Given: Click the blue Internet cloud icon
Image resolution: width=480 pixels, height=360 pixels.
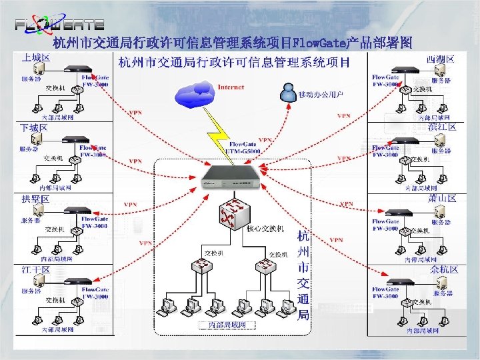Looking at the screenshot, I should (194, 95).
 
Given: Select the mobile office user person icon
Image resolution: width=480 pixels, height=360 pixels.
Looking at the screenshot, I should (288, 92).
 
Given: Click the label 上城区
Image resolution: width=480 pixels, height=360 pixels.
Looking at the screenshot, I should (36, 59).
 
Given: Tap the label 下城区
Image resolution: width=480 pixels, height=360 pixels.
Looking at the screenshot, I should (34, 127).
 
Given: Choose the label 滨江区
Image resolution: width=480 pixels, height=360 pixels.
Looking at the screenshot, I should (441, 127).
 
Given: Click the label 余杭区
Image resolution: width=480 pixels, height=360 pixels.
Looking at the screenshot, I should (444, 269).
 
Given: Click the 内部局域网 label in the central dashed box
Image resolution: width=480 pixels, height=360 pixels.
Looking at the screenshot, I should (223, 325).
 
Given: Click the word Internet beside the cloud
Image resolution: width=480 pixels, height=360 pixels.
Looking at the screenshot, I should (231, 87).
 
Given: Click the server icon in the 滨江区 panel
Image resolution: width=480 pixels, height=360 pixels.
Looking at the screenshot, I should (439, 141).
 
